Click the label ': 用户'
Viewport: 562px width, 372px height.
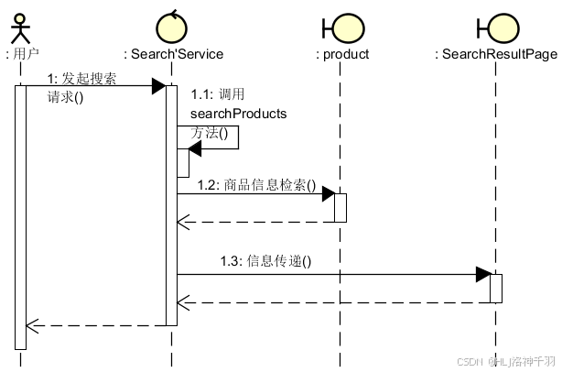[x=22, y=54]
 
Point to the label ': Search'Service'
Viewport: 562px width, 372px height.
[x=173, y=54]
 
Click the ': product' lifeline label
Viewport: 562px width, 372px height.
[x=342, y=54]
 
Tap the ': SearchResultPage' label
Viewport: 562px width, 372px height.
[x=496, y=54]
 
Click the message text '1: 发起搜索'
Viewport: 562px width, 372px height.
[x=81, y=78]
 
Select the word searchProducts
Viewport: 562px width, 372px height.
[x=238, y=114]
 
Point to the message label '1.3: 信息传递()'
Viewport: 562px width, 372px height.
[x=265, y=260]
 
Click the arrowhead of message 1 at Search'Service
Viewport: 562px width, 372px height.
[x=158, y=86]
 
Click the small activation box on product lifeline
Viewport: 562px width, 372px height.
[x=340, y=207]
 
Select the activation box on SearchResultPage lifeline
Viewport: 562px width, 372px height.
[x=496, y=288]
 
